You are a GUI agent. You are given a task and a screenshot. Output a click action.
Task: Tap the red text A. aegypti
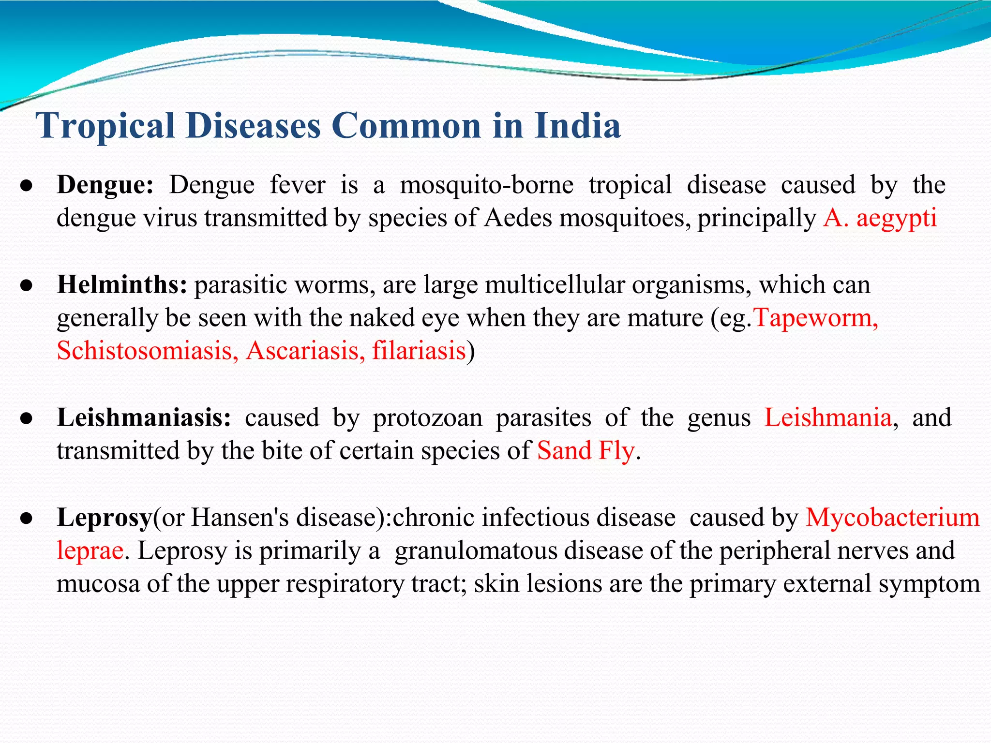880,218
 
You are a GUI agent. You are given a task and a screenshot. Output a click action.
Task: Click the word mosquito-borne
487,185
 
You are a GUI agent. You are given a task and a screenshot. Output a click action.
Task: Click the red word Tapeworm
816,318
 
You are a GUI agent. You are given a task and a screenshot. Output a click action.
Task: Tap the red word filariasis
419,351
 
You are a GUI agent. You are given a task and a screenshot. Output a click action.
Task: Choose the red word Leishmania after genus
828,417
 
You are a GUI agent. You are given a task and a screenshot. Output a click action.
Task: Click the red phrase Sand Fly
586,451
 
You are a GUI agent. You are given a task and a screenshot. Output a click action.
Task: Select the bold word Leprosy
105,518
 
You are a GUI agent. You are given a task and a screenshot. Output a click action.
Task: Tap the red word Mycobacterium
892,518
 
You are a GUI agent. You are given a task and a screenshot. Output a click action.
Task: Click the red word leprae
90,551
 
